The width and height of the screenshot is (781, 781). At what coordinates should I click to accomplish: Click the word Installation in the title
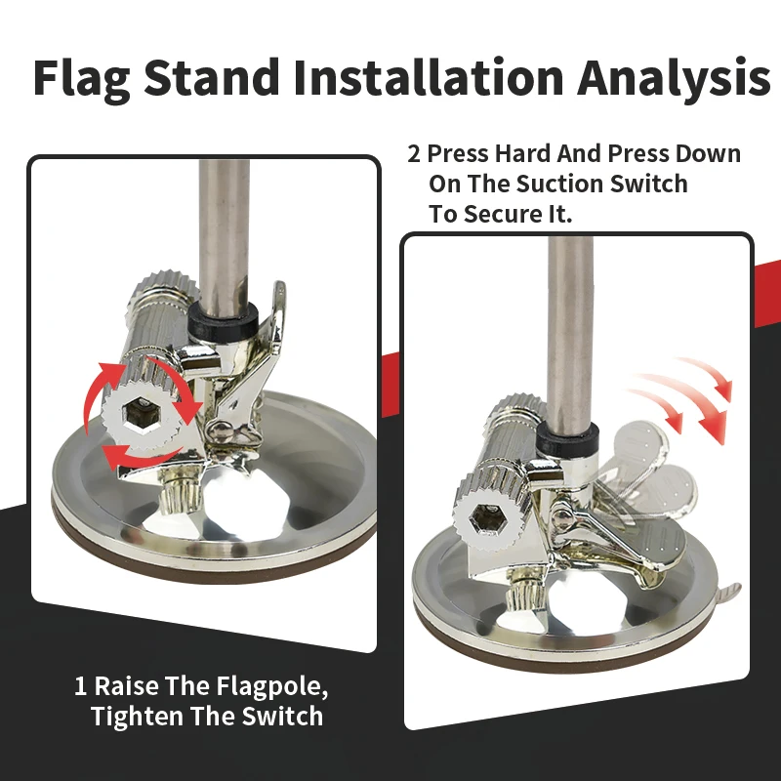[428, 77]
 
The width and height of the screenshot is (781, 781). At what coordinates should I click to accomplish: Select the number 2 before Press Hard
[414, 154]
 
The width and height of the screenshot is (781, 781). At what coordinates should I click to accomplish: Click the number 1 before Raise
[80, 686]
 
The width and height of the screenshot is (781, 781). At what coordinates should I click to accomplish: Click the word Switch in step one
[283, 717]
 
